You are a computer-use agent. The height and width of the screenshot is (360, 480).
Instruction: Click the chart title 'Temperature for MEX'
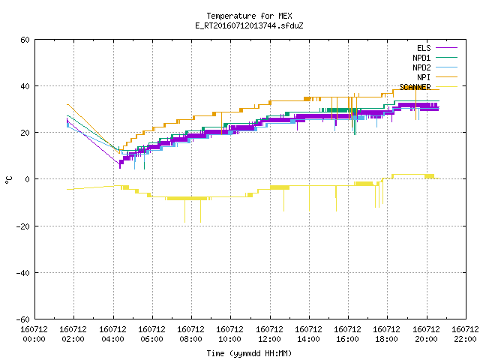tap(249, 16)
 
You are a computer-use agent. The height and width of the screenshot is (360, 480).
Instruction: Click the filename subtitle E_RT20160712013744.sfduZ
tap(249, 25)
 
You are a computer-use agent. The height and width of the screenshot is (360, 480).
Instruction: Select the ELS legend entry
tap(424, 48)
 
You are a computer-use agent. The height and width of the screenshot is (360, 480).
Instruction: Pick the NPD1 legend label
tap(421, 58)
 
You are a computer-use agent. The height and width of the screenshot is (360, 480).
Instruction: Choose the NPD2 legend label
tap(421, 67)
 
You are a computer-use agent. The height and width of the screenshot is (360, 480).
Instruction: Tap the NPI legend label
tap(424, 77)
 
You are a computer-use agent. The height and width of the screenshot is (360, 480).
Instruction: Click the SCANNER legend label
tap(415, 87)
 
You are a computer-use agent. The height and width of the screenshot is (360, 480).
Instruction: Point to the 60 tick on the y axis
tap(25, 40)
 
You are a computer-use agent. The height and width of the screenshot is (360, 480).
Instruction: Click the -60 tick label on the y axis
tap(23, 319)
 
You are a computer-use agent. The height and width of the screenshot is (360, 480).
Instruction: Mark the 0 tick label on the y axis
tap(28, 179)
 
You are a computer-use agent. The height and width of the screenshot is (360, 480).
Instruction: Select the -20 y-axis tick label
tap(23, 226)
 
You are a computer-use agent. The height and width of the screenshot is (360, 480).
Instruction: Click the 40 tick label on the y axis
tap(25, 86)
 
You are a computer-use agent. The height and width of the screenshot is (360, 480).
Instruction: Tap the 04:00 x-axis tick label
tap(112, 339)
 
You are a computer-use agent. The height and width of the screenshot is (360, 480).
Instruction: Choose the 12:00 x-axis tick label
tap(269, 339)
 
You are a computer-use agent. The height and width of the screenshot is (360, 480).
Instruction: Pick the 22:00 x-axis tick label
tap(465, 339)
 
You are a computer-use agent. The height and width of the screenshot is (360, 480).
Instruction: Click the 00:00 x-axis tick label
tap(34, 339)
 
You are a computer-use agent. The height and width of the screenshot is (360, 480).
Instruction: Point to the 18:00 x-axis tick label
tap(387, 339)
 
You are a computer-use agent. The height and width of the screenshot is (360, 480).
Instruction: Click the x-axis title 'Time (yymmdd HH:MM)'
tap(249, 353)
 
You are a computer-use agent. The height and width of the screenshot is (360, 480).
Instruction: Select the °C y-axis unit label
tap(9, 180)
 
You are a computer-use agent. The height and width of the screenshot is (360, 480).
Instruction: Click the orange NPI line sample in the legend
tap(446, 77)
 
